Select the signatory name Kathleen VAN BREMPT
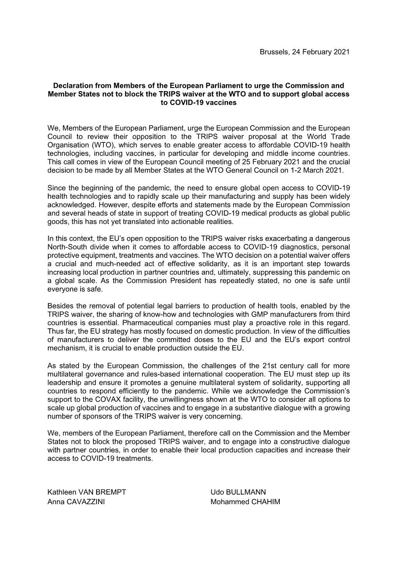(87, 492)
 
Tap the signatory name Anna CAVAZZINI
(76, 502)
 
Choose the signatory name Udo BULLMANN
(238, 492)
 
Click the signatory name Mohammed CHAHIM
(245, 502)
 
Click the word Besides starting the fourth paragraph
(60, 306)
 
